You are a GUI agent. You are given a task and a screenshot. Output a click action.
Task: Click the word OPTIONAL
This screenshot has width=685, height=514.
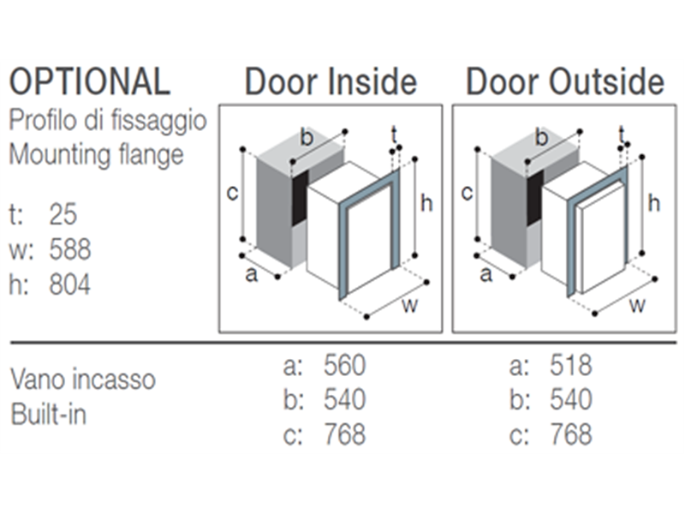pos(90,81)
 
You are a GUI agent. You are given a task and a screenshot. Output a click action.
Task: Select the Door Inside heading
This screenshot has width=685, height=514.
pos(331,81)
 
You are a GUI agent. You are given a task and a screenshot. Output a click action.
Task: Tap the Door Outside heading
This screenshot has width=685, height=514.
pos(565,81)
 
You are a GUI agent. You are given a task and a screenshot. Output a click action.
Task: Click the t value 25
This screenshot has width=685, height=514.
pos(63,214)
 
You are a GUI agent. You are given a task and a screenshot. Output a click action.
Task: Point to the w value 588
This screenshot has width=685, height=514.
pos(70,249)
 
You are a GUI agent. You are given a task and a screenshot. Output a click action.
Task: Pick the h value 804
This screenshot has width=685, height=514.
pos(70,284)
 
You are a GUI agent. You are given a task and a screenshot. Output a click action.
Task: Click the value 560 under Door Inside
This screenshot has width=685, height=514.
pos(344,365)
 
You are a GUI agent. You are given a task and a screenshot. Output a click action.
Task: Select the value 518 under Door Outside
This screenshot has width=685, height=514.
pos(570,365)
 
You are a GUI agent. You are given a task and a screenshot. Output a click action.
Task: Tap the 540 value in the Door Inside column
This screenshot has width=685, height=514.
pos(344,399)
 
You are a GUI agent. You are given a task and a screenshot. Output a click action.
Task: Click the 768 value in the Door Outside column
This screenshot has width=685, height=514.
pos(570,434)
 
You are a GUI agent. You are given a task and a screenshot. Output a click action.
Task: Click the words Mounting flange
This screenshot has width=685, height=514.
pos(96,156)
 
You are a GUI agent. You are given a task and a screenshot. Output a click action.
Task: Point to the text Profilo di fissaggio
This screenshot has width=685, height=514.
pos(108,121)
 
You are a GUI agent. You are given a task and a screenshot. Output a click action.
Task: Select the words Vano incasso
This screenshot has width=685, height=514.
pos(82,379)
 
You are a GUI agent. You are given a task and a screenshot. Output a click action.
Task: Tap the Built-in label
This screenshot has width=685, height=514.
pos(48,414)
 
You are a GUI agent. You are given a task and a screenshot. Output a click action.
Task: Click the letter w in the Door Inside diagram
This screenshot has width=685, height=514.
pos(410,305)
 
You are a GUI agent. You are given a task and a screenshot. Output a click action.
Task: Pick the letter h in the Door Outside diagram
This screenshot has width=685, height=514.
pos(653,203)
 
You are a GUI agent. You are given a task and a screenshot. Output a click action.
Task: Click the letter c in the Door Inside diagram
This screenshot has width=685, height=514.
pos(232,193)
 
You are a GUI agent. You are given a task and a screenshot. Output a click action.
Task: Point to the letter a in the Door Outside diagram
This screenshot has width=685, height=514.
pos(485,275)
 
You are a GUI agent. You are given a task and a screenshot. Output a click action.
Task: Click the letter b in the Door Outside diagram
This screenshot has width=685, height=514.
pos(541,138)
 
